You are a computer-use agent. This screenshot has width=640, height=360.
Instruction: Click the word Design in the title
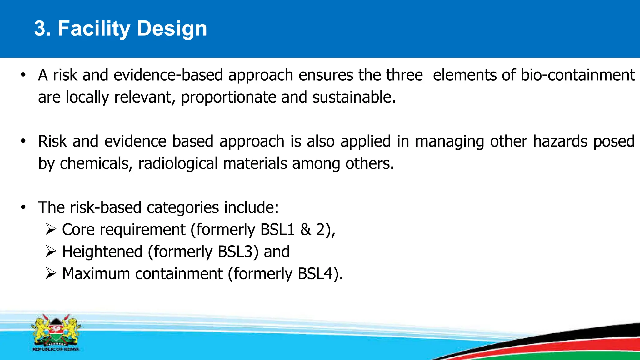coord(172,28)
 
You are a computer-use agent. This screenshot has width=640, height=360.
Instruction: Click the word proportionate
coord(228,97)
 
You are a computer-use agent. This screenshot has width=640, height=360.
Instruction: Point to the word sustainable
coord(354,97)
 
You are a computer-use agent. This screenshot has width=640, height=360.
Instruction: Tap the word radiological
coord(178,163)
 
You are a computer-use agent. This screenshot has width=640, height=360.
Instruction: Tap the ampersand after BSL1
coord(306,230)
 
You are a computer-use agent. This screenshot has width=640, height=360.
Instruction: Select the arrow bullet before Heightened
coord(51,251)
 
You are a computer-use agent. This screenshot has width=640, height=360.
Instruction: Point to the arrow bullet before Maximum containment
coord(51,273)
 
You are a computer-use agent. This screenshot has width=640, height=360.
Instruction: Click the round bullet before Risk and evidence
coord(23,141)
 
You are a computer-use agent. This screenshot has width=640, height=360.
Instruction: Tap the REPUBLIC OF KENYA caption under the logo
coord(56,349)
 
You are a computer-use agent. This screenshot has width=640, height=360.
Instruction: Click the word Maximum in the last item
coord(96,274)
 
